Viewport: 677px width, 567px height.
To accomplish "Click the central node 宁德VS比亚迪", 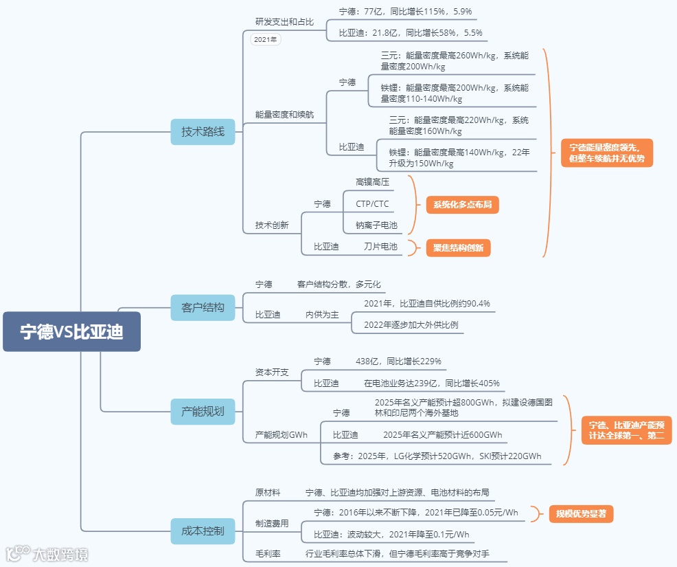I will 71,332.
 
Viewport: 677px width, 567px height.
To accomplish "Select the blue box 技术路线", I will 203,131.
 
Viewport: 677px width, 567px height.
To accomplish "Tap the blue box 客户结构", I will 203,307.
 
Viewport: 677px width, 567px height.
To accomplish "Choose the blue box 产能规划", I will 203,412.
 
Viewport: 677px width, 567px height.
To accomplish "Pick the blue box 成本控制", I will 203,531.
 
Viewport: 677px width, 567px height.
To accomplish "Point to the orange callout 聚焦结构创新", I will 458,248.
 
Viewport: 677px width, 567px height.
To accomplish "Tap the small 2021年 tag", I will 266,39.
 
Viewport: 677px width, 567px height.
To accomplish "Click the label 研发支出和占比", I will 284,22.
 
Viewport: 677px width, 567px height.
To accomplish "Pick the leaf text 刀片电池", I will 380,246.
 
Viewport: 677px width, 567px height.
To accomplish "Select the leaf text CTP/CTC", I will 372,203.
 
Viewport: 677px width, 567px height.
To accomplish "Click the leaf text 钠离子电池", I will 376,225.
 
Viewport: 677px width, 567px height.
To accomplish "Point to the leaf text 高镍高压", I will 372,182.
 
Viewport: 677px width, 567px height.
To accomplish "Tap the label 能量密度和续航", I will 284,114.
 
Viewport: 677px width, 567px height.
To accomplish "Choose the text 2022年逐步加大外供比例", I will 411,324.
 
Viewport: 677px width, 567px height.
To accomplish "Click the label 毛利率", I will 268,553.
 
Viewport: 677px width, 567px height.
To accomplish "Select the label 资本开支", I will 272,372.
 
